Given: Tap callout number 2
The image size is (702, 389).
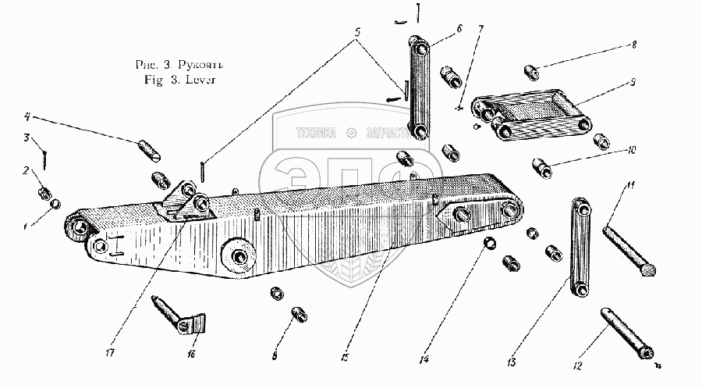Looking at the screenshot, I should (25, 170).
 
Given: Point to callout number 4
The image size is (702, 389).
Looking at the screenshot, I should (26, 118).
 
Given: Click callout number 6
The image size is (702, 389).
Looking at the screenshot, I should (458, 28).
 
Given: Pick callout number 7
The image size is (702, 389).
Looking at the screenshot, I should (480, 29).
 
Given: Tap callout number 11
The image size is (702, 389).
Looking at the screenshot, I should (633, 184).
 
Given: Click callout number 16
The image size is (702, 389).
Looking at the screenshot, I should (191, 355).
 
